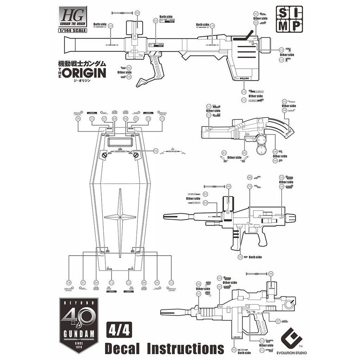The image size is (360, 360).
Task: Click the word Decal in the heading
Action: tap(123, 349)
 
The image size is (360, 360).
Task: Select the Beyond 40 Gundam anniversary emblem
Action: tap(79, 325)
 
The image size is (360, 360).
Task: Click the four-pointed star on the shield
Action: tap(120, 217)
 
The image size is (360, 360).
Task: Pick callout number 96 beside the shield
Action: tap(156, 151)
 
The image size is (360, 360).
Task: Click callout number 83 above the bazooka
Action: tap(155, 21)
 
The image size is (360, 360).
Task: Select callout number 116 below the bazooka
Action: tap(244, 92)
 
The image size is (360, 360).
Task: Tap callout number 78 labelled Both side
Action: tap(240, 257)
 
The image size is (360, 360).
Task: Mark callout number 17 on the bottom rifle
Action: tap(278, 321)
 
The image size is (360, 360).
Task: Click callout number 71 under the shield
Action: tap(111, 283)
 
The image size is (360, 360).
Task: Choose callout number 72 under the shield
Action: tap(129, 283)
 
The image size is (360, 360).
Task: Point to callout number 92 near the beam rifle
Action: tap(205, 203)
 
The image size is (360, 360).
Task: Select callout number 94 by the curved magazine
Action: tap(284, 110)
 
